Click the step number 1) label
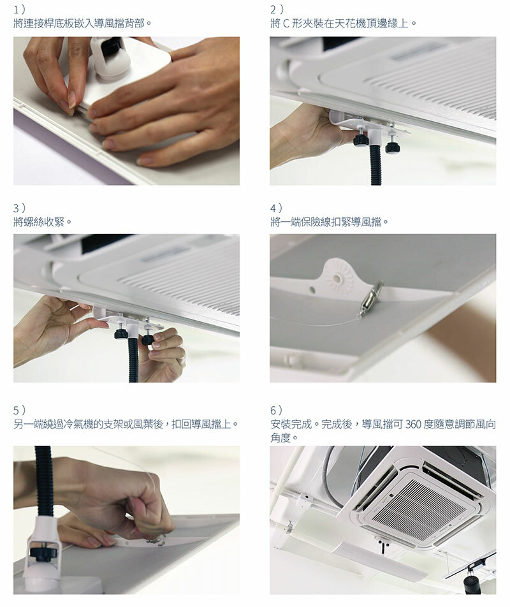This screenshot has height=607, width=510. tap(19, 10)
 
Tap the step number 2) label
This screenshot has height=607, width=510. tap(277, 10)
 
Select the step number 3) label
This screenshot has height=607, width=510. tap(19, 208)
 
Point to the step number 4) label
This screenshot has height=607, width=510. tap(276, 208)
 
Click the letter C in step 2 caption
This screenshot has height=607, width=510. tap(286, 24)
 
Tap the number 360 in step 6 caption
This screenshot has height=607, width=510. tap(413, 425)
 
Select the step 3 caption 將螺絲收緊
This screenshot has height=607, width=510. tap(43, 222)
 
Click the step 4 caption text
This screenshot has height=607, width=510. tap(329, 222)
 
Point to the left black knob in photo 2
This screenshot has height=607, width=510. tap(360, 139)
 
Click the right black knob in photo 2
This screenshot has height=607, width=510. tap(392, 147)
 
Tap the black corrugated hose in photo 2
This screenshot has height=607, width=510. tap(375, 165)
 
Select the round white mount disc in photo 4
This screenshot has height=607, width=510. tap(339, 277)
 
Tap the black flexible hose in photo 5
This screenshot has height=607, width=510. tap(44, 480)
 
